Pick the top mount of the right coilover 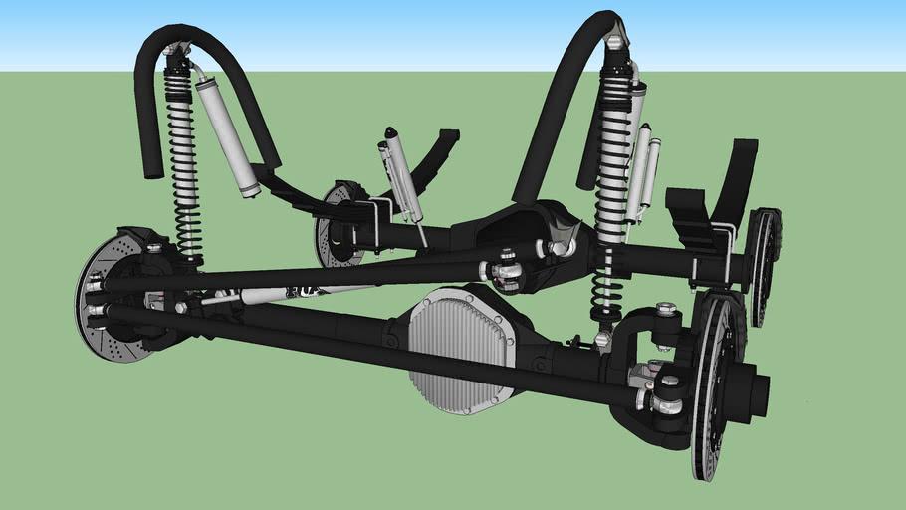coord(616,42)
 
